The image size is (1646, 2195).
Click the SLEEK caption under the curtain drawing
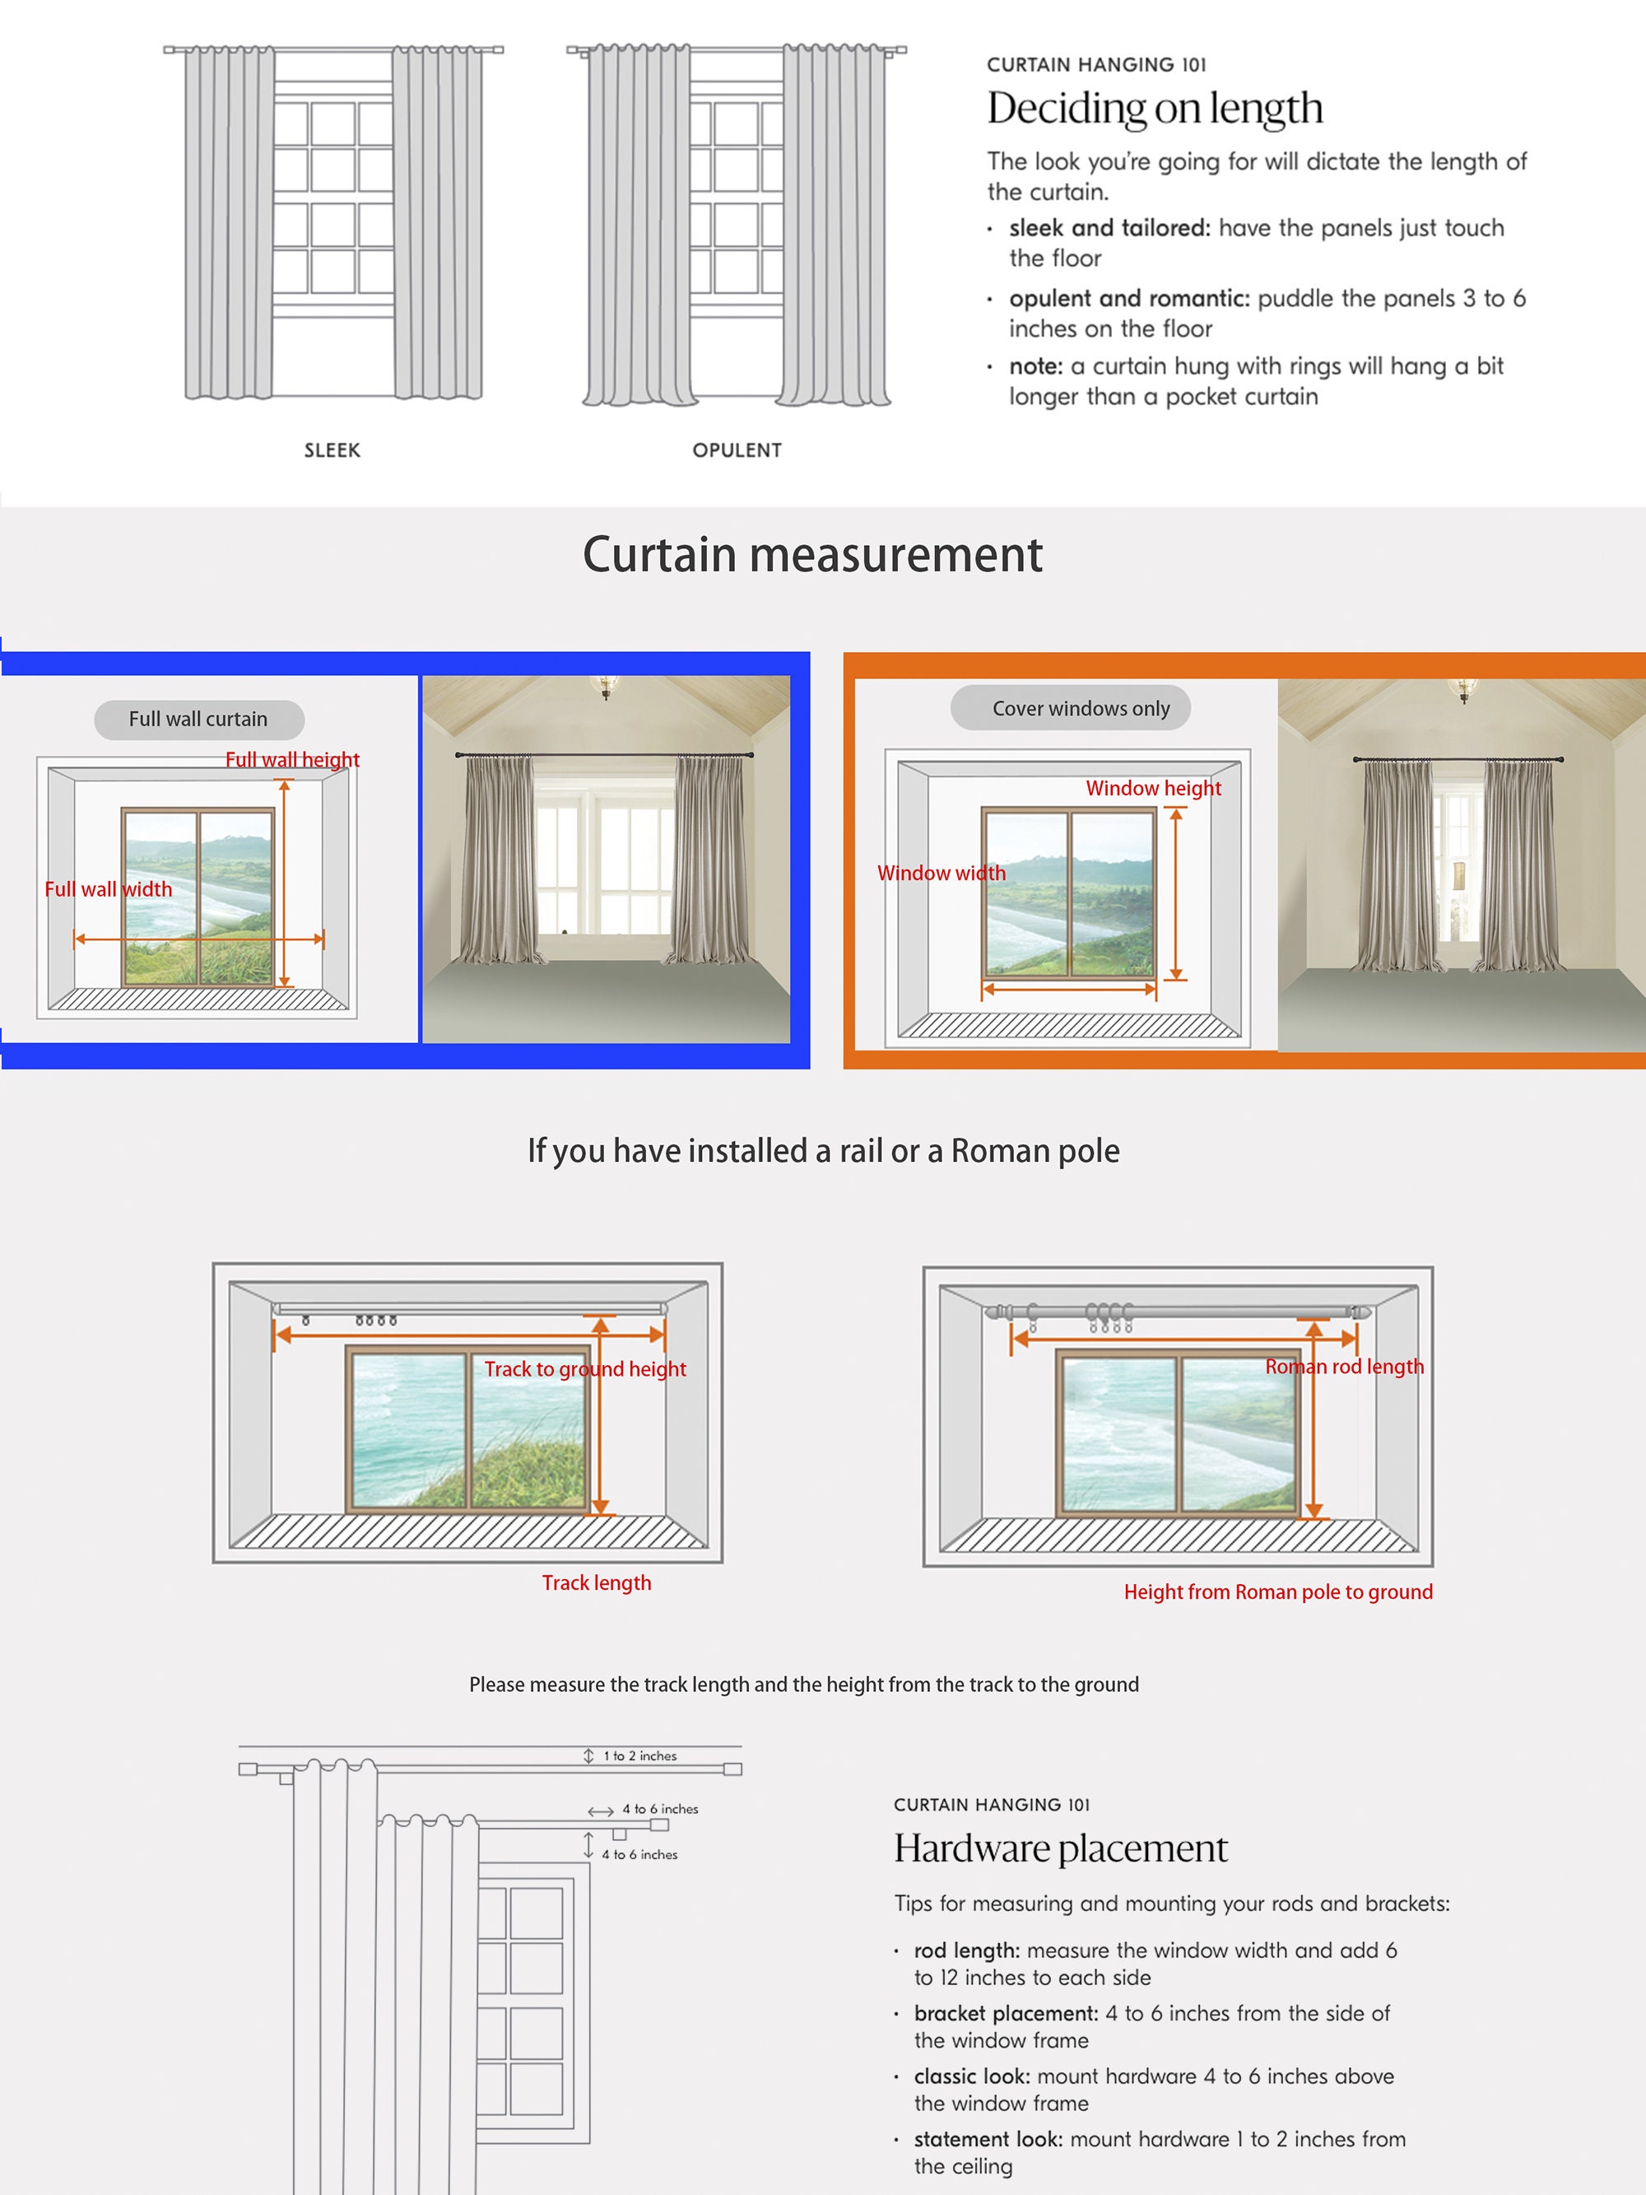(x=332, y=450)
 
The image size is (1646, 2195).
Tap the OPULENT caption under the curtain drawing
(x=737, y=450)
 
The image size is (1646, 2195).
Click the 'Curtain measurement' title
(x=812, y=554)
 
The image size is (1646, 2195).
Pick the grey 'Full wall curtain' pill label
(x=198, y=720)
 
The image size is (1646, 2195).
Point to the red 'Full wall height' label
(x=293, y=759)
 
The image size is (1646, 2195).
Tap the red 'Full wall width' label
(x=108, y=889)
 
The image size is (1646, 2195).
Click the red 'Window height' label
(x=1154, y=788)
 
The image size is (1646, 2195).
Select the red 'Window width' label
(x=942, y=874)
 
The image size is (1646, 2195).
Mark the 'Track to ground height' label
(x=585, y=1369)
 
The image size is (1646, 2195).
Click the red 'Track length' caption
(x=597, y=1582)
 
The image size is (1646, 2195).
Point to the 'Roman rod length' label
(x=1345, y=1367)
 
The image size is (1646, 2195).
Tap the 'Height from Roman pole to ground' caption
(x=1278, y=1591)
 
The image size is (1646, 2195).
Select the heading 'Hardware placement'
(x=1061, y=1848)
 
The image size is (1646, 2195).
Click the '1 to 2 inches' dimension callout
(x=640, y=1755)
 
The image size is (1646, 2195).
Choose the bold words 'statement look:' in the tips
(x=988, y=2138)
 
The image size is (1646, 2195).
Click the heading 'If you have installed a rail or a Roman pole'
(x=824, y=1151)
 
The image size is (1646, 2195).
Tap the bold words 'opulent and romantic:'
(x=1129, y=299)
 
